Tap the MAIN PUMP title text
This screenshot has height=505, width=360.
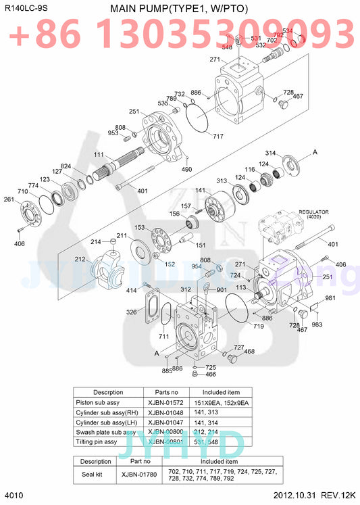178,8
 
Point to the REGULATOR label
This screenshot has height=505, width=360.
313,212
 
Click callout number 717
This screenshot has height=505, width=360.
218,137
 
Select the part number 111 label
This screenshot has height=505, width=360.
99,155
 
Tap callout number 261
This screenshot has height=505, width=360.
9,199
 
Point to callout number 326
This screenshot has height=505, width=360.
131,312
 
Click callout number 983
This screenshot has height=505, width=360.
317,325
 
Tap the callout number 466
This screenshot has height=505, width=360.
210,375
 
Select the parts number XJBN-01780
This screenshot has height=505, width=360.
139,475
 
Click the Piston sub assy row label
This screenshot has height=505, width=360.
99,402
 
